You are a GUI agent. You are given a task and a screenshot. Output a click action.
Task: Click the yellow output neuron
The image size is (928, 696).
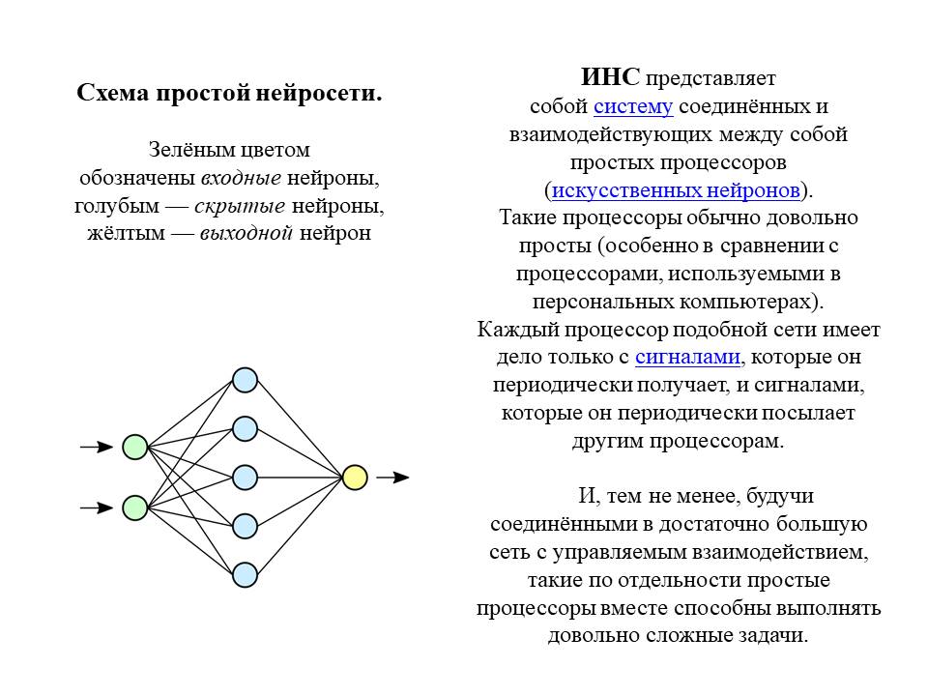tap(355, 478)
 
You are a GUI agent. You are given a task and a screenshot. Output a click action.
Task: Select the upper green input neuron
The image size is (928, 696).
tap(135, 447)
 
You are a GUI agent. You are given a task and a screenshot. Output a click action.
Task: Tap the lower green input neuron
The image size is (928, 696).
tap(135, 507)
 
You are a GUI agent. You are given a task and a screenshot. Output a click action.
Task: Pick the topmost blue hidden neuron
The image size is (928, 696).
tap(245, 380)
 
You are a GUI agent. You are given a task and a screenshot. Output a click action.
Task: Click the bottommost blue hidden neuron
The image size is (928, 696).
tap(245, 574)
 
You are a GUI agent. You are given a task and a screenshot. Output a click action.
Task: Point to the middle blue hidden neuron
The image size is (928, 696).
tap(245, 478)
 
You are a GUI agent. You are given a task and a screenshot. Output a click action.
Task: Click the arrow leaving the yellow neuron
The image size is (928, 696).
tap(392, 477)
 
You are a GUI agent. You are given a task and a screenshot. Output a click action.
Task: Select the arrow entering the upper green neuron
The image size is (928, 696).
tap(97, 447)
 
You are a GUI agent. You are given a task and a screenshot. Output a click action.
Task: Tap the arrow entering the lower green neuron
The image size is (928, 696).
tap(97, 507)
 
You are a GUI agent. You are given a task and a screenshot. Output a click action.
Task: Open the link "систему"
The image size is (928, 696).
tap(633, 106)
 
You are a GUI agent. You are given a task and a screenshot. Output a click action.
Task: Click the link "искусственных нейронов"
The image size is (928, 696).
tap(676, 190)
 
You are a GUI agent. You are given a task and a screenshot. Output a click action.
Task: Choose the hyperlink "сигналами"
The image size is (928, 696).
tap(687, 357)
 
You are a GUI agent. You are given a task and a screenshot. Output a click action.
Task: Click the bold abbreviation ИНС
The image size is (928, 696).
tap(610, 77)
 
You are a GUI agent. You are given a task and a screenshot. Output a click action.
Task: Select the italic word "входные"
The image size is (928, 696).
tap(241, 178)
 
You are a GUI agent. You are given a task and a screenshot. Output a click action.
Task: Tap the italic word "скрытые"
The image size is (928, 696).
tap(240, 206)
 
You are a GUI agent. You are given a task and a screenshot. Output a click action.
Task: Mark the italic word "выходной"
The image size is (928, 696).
tap(246, 233)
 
